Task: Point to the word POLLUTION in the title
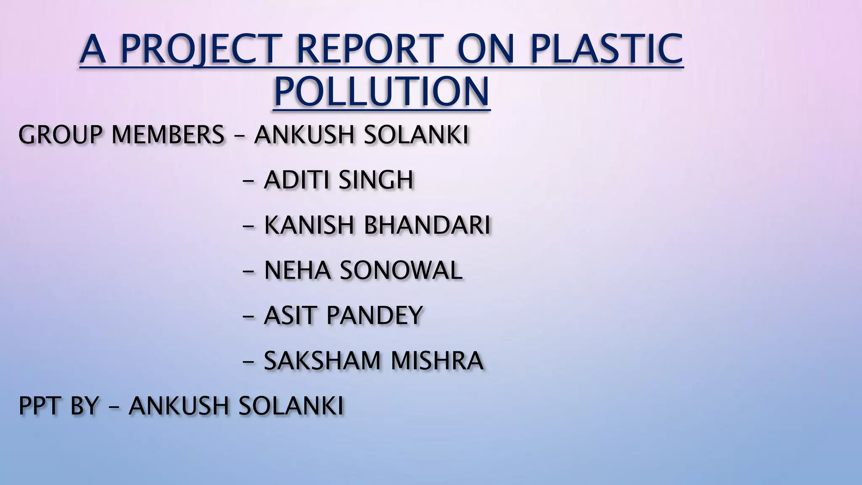381,92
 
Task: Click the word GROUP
61,135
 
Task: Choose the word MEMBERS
168,135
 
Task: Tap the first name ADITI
296,180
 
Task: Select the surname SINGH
376,180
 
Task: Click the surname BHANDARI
427,225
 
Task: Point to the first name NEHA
297,270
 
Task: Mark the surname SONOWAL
401,270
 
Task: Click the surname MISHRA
437,360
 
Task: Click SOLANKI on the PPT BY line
291,406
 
